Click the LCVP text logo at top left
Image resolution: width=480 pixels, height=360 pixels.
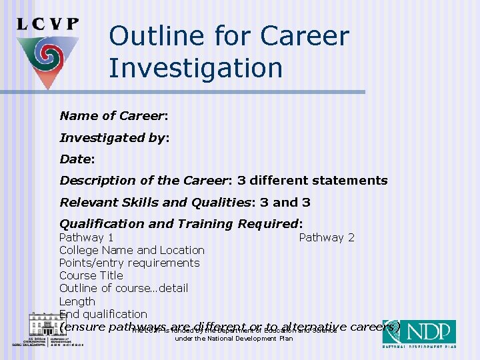click(48, 24)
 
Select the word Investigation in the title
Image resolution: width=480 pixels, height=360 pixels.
click(195, 68)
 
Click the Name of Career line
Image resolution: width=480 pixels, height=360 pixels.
click(113, 116)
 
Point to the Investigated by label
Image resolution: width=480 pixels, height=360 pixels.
click(114, 138)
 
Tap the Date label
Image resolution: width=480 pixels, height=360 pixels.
click(77, 159)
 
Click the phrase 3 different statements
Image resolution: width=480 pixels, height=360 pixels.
click(318, 181)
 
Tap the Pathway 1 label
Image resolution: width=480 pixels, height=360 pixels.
click(86, 237)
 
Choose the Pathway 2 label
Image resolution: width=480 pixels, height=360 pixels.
click(327, 237)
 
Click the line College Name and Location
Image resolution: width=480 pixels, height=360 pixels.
click(132, 250)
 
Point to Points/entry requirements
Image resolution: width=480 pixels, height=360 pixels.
click(129, 263)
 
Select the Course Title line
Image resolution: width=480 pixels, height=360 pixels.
click(91, 275)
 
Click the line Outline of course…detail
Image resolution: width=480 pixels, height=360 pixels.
click(123, 288)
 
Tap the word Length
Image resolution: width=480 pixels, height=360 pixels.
click(77, 301)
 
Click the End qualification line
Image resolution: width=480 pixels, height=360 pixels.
click(103, 314)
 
